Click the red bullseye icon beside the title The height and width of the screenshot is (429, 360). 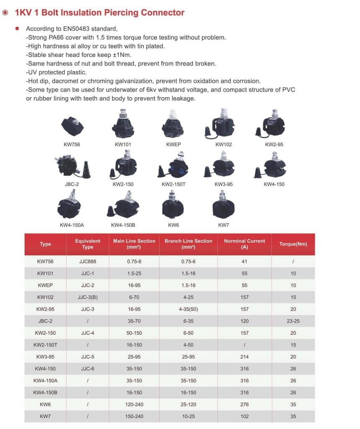pyautogui.click(x=5, y=13)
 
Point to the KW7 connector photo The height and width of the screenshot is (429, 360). pyautogui.click(x=224, y=205)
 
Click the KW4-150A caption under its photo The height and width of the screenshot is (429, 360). pyautogui.click(x=72, y=225)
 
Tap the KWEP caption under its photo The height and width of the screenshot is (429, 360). pyautogui.click(x=173, y=145)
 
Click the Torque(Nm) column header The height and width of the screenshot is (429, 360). pyautogui.click(x=293, y=244)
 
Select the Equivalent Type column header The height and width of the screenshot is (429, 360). pyautogui.click(x=87, y=244)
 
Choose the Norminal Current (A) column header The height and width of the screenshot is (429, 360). pyautogui.click(x=244, y=244)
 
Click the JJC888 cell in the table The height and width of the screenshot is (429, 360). pyautogui.click(x=87, y=261)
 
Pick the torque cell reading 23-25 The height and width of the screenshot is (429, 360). pyautogui.click(x=293, y=321)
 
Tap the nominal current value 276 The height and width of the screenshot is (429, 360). pyautogui.click(x=244, y=405)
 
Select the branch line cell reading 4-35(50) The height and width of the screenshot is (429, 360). pyautogui.click(x=188, y=309)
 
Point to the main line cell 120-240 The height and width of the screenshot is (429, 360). pyautogui.click(x=134, y=405)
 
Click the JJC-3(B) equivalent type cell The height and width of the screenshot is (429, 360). pyautogui.click(x=87, y=297)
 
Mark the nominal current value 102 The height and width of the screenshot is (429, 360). pyautogui.click(x=244, y=416)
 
